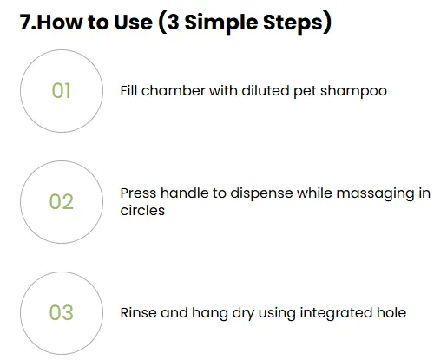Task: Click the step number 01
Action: tap(61, 91)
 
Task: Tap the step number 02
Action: tap(62, 201)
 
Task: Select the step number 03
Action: tap(62, 312)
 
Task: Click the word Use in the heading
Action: tap(133, 23)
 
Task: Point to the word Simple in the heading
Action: tap(221, 23)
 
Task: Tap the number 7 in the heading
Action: tap(24, 23)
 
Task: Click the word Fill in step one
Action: tap(128, 90)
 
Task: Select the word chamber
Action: tap(174, 90)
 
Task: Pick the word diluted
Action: tap(266, 90)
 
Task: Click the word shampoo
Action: tap(353, 91)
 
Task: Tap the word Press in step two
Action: tap(138, 193)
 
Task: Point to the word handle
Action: tap(185, 193)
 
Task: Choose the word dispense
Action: tap(261, 193)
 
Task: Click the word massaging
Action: tap(375, 194)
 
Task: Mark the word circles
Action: tap(142, 210)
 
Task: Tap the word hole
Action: tap(391, 312)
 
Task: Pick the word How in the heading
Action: tap(60, 23)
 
